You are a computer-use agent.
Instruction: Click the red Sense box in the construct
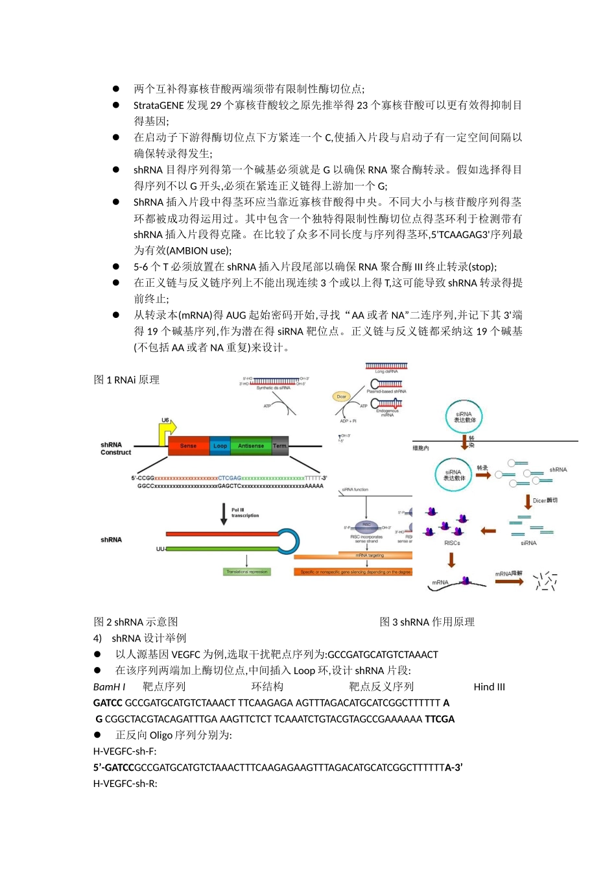point(188,446)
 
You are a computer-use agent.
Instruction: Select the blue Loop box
point(220,446)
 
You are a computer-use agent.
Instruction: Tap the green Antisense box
point(251,446)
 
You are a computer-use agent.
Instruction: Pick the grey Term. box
point(280,446)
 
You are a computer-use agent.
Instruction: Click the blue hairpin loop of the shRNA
point(289,541)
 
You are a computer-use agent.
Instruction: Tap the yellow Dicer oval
point(342,396)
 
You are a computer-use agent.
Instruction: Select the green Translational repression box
point(247,572)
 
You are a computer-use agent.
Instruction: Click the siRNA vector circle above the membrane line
point(464,417)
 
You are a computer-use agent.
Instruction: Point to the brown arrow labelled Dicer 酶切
point(528,502)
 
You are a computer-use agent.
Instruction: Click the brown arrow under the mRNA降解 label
point(509,581)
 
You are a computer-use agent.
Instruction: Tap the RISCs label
point(452,543)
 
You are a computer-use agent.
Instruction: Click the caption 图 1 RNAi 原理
point(126,380)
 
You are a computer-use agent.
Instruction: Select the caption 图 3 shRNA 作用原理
point(427,622)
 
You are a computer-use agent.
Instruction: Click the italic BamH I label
point(110,686)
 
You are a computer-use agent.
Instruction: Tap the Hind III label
point(489,686)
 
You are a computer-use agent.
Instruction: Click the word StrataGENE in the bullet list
point(158,105)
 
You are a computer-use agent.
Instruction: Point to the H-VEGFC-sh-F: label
point(124,751)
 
